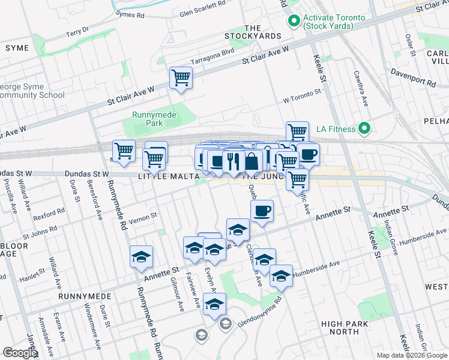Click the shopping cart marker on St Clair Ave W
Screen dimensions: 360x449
181,78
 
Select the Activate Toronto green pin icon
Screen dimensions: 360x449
294,22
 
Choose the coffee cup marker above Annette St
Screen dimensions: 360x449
262,211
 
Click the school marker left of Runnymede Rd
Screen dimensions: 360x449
141,257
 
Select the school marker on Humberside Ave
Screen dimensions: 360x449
281,276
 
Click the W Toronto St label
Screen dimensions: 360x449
303,94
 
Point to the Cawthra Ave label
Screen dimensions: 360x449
365,88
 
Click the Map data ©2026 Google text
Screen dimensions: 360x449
412,355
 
